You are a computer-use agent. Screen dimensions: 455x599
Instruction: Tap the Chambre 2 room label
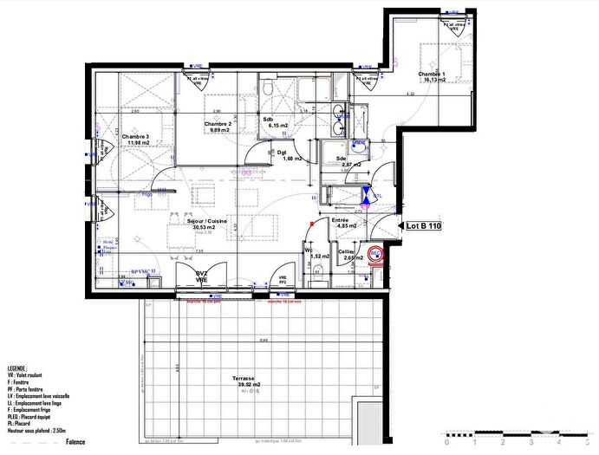(x=218, y=125)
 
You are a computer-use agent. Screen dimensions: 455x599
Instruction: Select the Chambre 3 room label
(x=135, y=137)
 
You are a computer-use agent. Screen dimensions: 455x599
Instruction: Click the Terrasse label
(x=243, y=380)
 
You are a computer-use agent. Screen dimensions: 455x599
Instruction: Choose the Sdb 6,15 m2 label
(x=277, y=120)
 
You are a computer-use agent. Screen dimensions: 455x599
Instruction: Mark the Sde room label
(x=342, y=159)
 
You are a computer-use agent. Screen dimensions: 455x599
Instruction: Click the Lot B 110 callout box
(x=423, y=226)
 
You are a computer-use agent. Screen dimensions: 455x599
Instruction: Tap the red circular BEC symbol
(x=376, y=255)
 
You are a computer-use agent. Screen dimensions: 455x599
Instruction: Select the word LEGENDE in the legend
(x=17, y=368)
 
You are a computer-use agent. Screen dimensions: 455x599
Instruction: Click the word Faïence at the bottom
(x=75, y=442)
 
